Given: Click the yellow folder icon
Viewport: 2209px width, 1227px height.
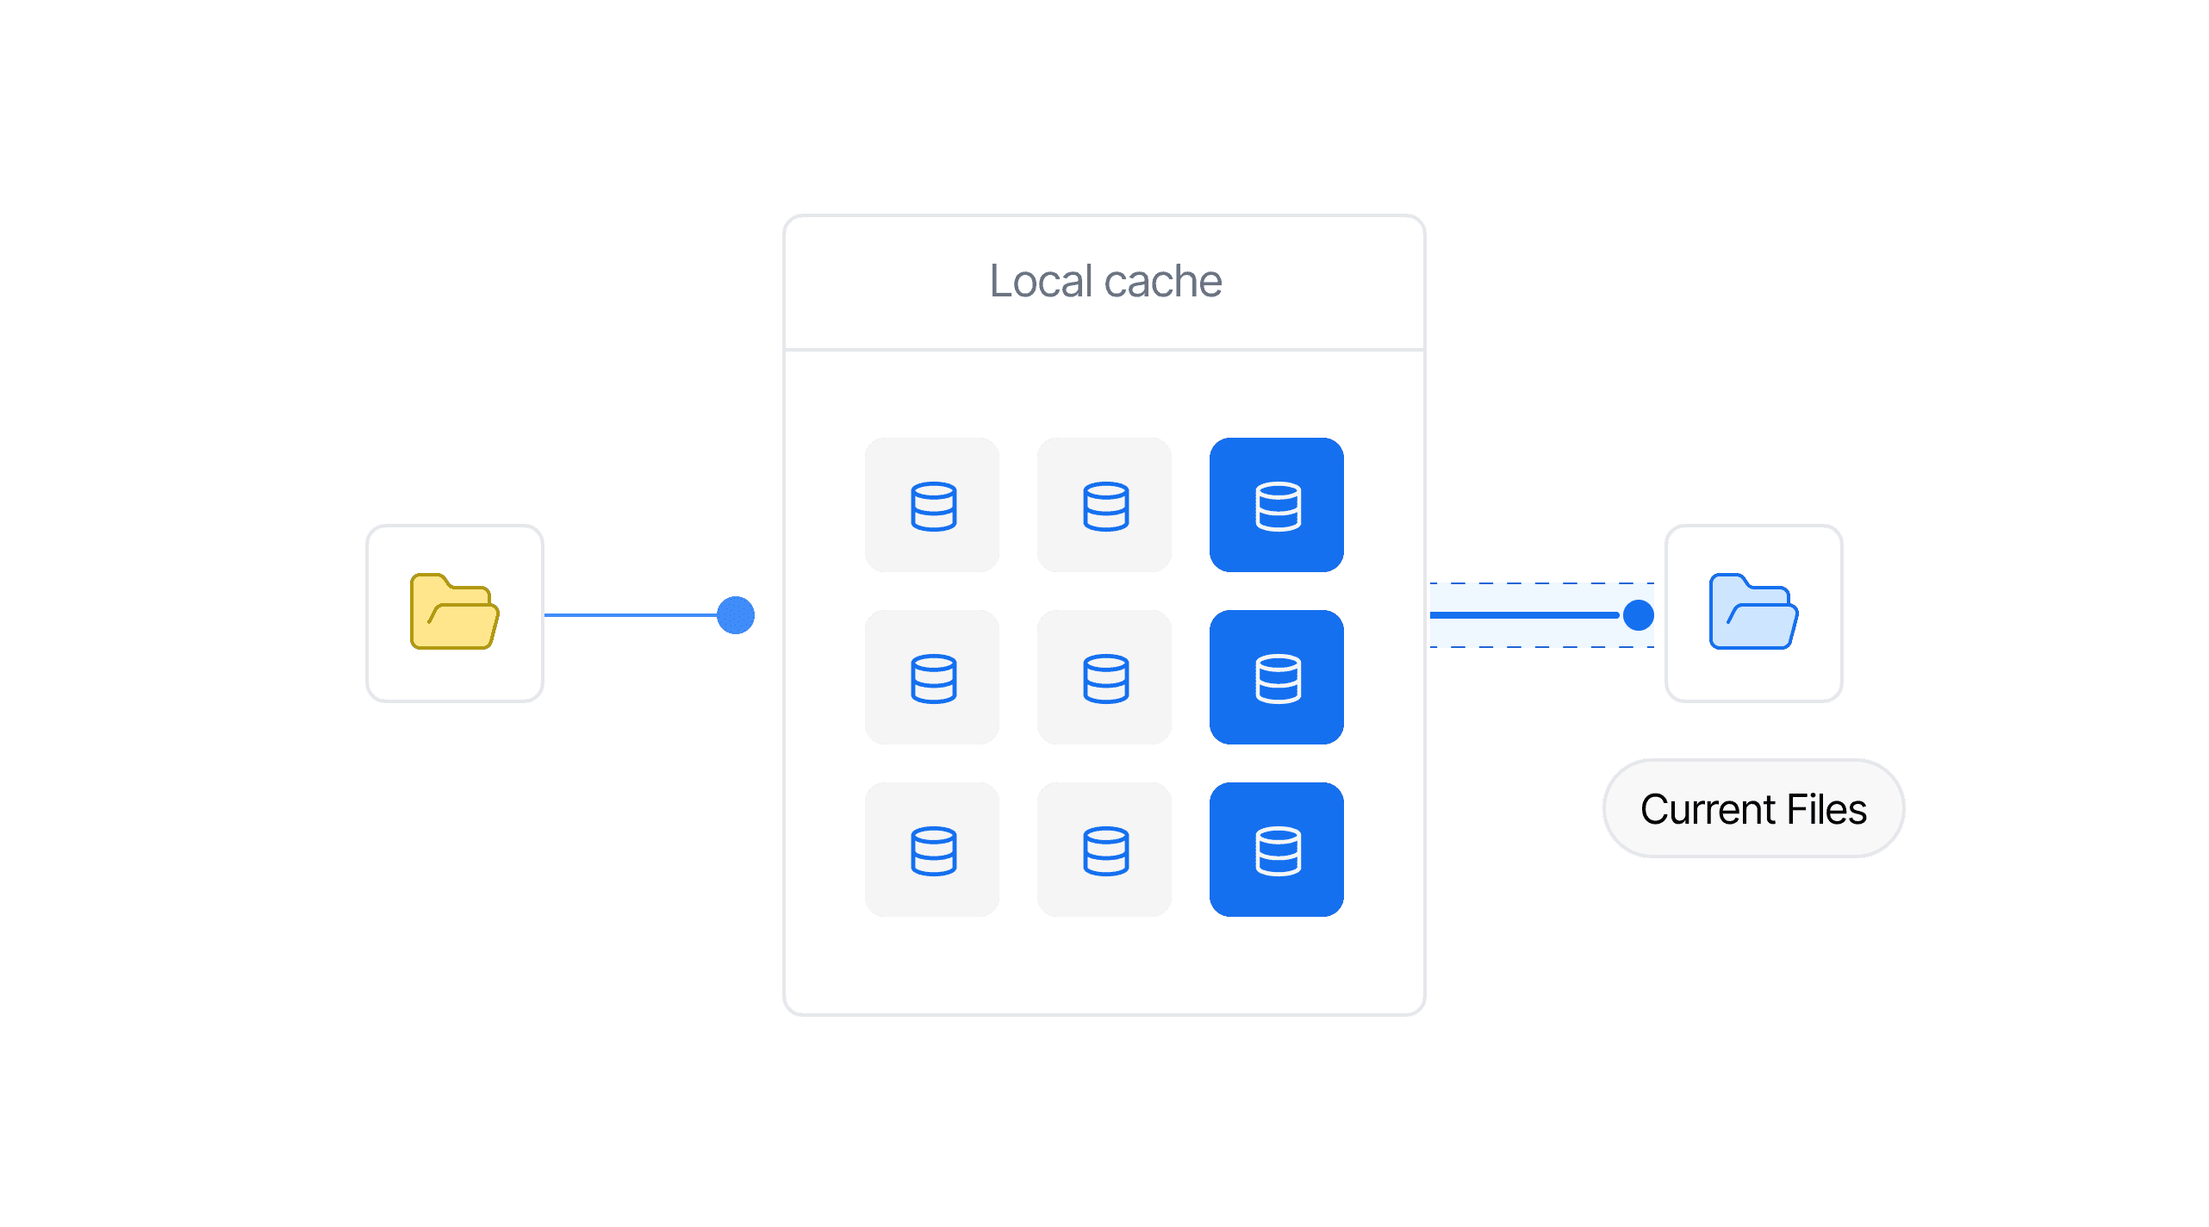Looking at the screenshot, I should coord(454,612).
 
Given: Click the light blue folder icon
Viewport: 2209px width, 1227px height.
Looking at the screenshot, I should coord(1753,612).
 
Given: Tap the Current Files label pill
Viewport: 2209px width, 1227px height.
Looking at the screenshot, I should coord(1753,808).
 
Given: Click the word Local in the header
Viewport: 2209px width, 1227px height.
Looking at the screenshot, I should coord(1041,281).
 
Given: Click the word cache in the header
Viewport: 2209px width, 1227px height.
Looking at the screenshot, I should coord(1162,281).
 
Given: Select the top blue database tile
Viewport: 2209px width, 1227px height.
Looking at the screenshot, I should coord(1276,505).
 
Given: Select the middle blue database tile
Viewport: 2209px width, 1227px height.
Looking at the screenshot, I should coord(1276,677).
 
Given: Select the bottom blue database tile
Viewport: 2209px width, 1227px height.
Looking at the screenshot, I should coord(1276,850).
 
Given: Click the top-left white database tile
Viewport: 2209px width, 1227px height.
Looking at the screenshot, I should coord(932,505).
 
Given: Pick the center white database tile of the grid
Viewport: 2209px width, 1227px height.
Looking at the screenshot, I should coord(1104,677).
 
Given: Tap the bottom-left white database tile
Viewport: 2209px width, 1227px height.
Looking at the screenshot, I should coord(932,850).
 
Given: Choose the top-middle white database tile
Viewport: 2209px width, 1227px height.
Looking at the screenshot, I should coord(1104,505).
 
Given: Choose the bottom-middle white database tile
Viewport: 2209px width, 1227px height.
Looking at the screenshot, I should coord(1104,850).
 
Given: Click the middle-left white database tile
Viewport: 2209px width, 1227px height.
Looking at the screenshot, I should coord(932,677).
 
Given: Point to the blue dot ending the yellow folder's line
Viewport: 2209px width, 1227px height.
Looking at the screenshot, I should coord(736,615).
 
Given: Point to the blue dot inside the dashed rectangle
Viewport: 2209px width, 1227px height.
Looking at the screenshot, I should coord(1638,615).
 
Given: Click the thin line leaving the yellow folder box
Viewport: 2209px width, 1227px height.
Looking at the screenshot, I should coord(629,615).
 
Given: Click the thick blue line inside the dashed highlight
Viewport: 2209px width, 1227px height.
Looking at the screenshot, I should coord(1525,615).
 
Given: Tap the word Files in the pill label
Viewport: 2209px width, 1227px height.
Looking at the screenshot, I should coord(1826,809).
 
